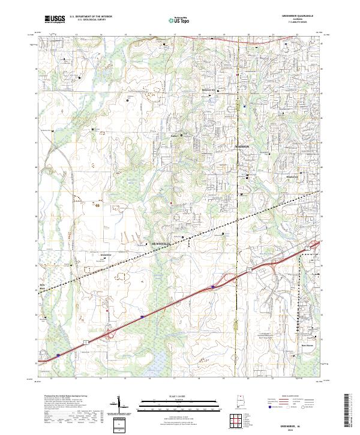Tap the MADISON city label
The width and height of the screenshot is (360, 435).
(242, 146)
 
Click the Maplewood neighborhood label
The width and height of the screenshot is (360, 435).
(259, 178)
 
